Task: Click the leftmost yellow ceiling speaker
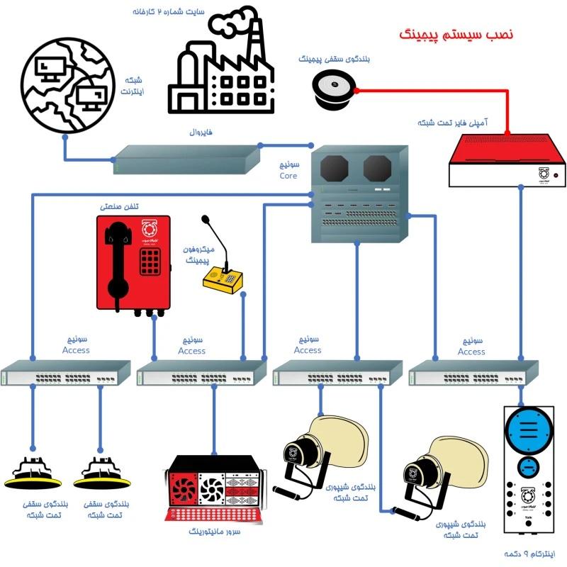pos(33,472)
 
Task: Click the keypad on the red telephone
pos(151,262)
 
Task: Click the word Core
pos(288,176)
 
